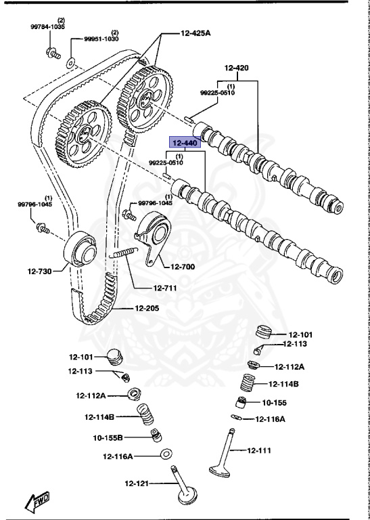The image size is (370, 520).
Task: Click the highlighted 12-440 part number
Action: [x=185, y=144]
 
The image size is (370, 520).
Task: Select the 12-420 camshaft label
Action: [x=236, y=68]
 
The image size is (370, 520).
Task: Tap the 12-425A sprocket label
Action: [x=195, y=32]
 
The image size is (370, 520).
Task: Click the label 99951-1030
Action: [x=101, y=39]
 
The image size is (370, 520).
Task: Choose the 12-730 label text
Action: [x=40, y=272]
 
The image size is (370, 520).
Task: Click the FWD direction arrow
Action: [x=38, y=501]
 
